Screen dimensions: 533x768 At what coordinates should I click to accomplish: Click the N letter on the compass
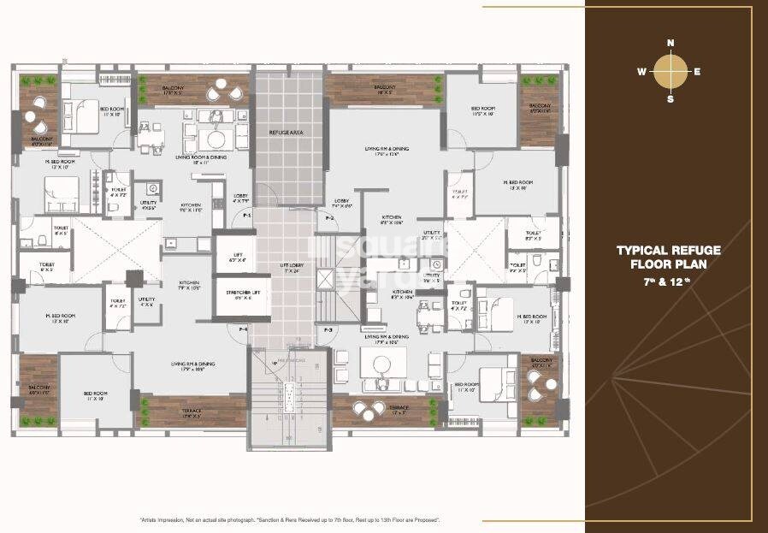tap(671, 43)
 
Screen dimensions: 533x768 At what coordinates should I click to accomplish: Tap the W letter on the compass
tap(641, 72)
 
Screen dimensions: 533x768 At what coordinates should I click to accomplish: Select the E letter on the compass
tap(698, 72)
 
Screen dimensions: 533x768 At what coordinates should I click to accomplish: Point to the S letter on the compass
tap(671, 99)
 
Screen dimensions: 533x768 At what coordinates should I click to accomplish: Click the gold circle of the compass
tap(670, 72)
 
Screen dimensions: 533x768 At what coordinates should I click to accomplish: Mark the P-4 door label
tap(244, 329)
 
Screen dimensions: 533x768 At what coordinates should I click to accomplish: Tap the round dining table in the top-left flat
tap(214, 139)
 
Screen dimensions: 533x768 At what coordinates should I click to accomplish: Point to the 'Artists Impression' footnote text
tap(188, 519)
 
